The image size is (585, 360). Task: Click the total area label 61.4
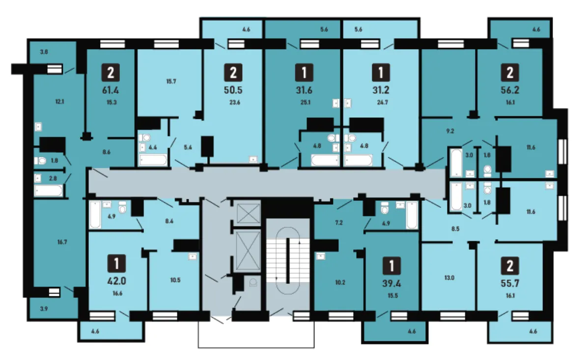click(x=111, y=90)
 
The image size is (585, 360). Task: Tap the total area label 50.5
click(x=233, y=90)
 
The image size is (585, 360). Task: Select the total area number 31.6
click(x=304, y=90)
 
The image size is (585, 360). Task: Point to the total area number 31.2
click(x=381, y=90)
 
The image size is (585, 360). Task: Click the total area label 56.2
click(x=510, y=90)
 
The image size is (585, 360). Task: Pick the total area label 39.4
click(x=391, y=283)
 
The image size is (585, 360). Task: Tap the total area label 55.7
click(x=510, y=283)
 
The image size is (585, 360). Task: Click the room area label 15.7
click(x=171, y=82)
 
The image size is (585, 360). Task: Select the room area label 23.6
click(x=235, y=102)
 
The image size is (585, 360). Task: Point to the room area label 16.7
click(x=62, y=242)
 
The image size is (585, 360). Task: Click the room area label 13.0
click(x=449, y=277)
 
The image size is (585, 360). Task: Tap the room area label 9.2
click(x=450, y=131)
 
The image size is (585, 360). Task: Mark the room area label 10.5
click(x=175, y=280)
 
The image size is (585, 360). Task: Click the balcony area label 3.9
click(x=44, y=308)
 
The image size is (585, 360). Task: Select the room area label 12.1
click(x=60, y=102)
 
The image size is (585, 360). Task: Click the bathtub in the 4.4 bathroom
click(x=153, y=160)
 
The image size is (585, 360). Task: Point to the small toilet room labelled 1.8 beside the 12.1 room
click(x=50, y=161)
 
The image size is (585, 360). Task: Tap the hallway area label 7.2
click(x=339, y=222)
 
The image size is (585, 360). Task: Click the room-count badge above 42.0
click(x=116, y=263)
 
